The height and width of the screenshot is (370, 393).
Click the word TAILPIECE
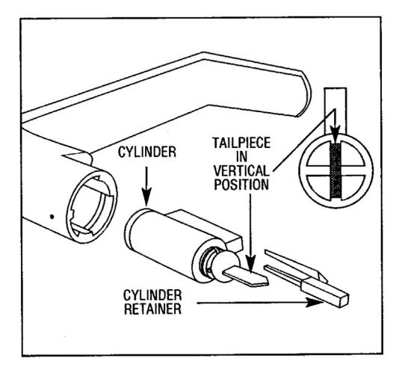(241, 143)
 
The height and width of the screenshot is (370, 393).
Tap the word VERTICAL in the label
(241, 171)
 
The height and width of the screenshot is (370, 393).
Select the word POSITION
(241, 185)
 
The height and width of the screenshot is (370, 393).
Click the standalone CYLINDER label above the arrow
(147, 152)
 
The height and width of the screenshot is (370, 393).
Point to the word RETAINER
(152, 309)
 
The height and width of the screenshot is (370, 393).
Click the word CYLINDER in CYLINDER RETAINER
(152, 295)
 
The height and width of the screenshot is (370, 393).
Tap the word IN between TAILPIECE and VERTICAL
(241, 157)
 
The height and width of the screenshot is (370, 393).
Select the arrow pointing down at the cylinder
(146, 186)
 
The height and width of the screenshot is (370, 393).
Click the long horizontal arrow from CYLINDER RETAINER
(260, 303)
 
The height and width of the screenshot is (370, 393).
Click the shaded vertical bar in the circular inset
(335, 170)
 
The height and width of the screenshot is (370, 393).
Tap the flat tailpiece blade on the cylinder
(246, 277)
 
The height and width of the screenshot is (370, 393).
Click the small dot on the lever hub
(52, 217)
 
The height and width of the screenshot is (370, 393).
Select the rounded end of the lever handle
(305, 94)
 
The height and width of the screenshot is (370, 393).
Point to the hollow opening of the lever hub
(92, 207)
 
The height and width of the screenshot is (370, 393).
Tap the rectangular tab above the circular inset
(335, 111)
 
